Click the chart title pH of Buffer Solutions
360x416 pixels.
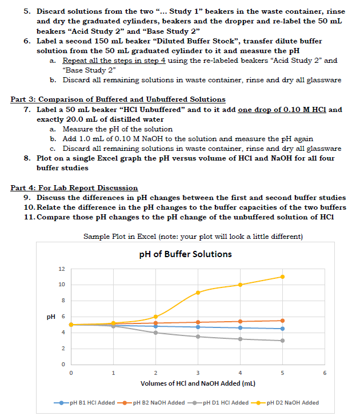click(x=186, y=254)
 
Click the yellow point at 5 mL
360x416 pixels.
click(x=282, y=277)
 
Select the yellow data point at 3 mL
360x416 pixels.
click(x=198, y=293)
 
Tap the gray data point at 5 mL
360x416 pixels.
click(x=282, y=341)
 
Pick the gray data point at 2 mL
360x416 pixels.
click(x=155, y=333)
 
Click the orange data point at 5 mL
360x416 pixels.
click(x=282, y=321)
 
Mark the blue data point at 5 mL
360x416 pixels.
click(x=282, y=329)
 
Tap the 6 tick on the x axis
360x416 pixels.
click(x=325, y=373)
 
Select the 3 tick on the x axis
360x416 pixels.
click(x=198, y=373)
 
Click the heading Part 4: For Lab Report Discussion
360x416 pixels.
click(x=74, y=187)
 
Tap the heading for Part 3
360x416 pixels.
click(x=118, y=100)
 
